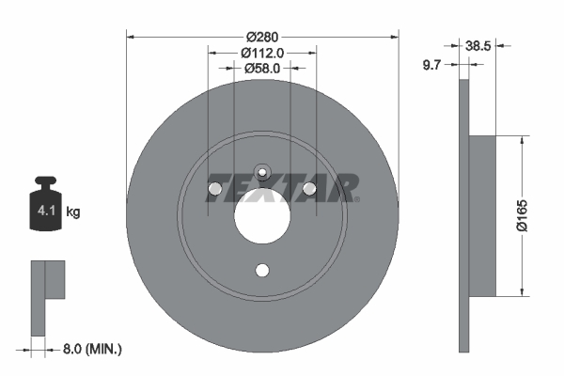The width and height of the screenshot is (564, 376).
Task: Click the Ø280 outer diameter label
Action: click(x=262, y=24)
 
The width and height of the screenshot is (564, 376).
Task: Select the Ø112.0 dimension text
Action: click(x=262, y=53)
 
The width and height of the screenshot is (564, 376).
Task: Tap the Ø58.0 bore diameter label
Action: click(x=262, y=69)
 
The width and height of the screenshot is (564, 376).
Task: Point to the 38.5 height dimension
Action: click(x=478, y=43)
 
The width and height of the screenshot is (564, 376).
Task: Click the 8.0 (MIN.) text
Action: click(x=90, y=349)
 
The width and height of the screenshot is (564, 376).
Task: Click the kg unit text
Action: click(x=73, y=212)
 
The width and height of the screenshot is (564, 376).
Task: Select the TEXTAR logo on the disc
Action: click(x=282, y=188)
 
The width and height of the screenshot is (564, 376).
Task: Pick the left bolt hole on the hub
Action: click(x=214, y=191)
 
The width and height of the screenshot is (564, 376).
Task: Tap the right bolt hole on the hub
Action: click(x=311, y=191)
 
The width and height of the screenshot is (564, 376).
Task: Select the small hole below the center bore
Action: click(x=262, y=272)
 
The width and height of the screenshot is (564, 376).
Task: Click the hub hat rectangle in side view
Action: click(x=480, y=215)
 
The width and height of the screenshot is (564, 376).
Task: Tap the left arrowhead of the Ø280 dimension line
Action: click(x=130, y=38)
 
